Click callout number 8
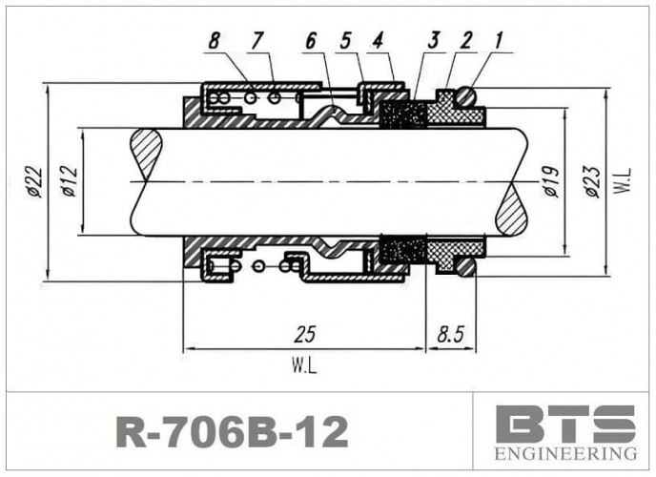point(215,41)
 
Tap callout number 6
point(311,41)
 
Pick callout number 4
point(379,41)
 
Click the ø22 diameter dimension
point(34,181)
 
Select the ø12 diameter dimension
point(70,181)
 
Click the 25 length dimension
point(304,334)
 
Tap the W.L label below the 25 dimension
point(304,363)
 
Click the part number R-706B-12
point(232,432)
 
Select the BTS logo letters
point(565,423)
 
